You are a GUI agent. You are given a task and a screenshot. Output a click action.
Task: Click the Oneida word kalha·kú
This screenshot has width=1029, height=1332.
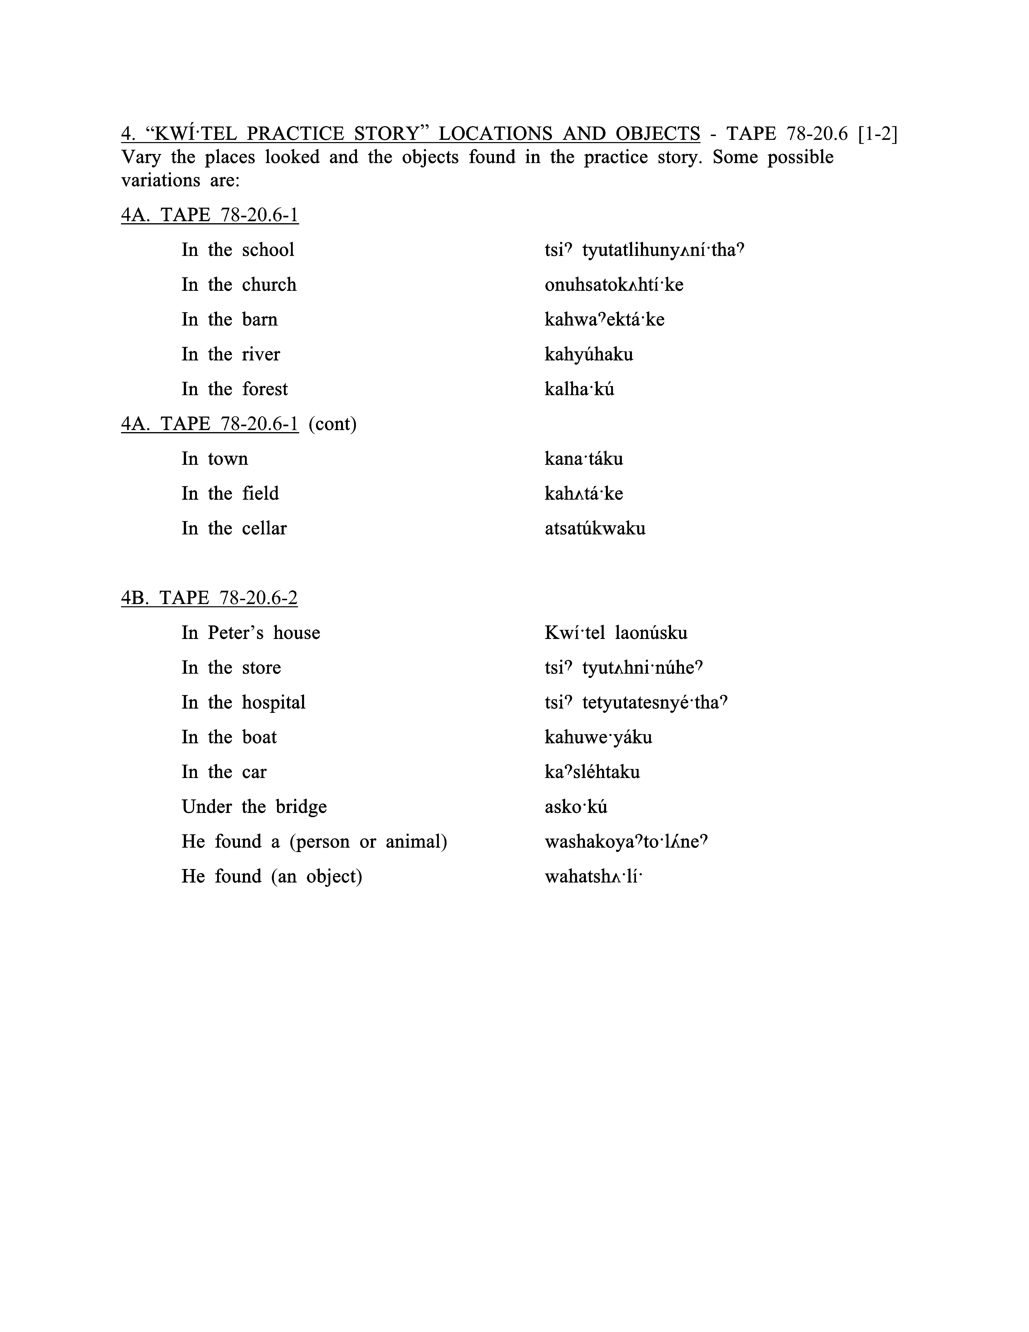point(579,389)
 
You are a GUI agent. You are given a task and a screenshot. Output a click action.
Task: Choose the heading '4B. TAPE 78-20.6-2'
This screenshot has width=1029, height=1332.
point(209,598)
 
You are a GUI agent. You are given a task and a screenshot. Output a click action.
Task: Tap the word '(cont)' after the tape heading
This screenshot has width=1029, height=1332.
point(332,424)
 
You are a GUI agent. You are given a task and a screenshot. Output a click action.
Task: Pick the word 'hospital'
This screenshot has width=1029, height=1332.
point(273,703)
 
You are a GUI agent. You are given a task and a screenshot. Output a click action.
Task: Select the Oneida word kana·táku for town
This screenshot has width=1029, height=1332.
point(583,459)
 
